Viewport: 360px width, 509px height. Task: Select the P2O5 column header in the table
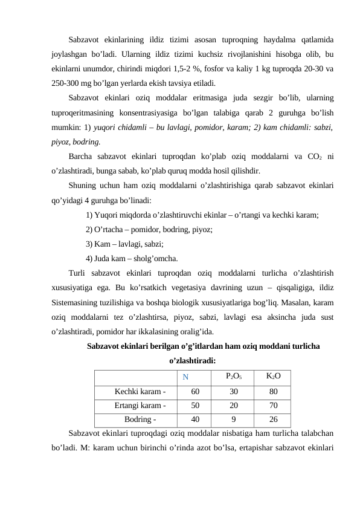(x=233, y=376)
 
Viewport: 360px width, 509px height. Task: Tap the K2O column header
(x=273, y=376)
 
